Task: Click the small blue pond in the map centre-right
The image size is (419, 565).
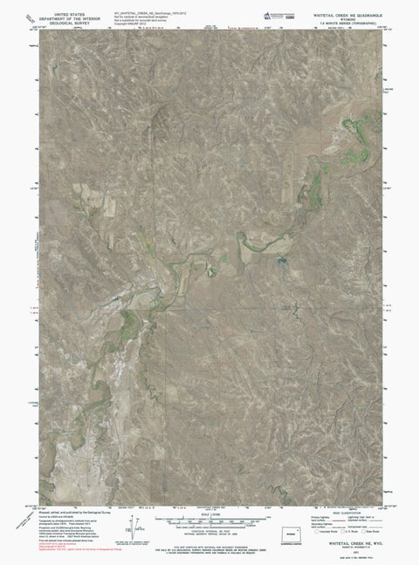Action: pos(281,260)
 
